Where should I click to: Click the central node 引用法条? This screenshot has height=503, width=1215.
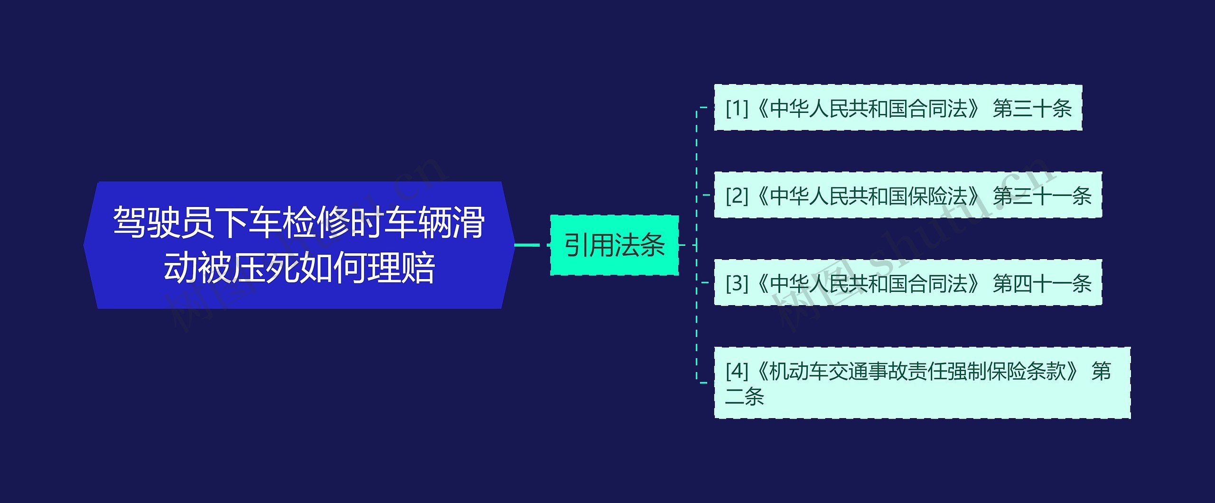(614, 245)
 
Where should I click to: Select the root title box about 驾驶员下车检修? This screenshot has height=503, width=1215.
(299, 245)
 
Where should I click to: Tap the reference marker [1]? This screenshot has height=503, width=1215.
(736, 109)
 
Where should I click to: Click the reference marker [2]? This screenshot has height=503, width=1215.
(736, 196)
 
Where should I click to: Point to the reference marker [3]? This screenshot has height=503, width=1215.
(736, 283)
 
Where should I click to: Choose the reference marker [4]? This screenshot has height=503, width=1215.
(736, 371)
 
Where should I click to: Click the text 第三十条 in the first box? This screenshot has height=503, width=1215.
(1032, 109)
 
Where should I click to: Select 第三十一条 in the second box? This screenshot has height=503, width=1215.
(1042, 196)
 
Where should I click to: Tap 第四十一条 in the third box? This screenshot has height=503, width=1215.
(1042, 283)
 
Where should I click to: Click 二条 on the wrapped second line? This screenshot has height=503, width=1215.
(744, 397)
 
